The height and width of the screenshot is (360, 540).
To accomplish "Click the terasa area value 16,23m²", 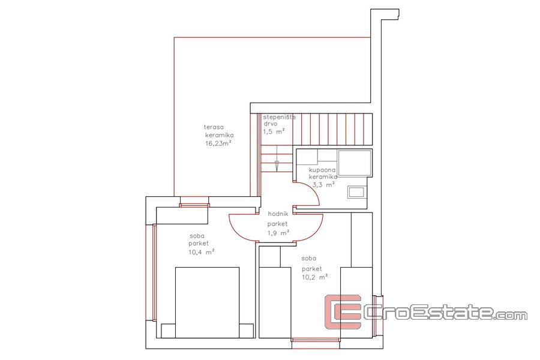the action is point(218,143).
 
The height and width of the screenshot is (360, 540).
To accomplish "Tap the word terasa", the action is point(212,127).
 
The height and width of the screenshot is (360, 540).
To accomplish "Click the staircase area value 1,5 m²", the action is point(274,131).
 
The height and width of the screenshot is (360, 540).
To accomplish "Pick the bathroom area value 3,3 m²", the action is point(323,185).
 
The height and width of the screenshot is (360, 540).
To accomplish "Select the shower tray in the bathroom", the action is point(355,163).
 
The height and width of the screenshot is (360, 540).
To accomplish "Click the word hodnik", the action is point(278,214).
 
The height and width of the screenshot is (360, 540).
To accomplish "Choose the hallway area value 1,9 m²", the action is point(278,233).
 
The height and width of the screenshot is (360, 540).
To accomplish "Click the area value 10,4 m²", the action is point(201,252).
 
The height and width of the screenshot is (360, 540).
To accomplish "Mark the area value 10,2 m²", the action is point(314,277).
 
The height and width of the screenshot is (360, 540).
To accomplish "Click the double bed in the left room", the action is point(207,302).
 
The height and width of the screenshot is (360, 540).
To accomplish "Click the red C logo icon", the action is point(343,311).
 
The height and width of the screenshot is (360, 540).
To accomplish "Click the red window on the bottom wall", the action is point(316,340).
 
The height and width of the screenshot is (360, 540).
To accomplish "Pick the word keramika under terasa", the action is point(220,135).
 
